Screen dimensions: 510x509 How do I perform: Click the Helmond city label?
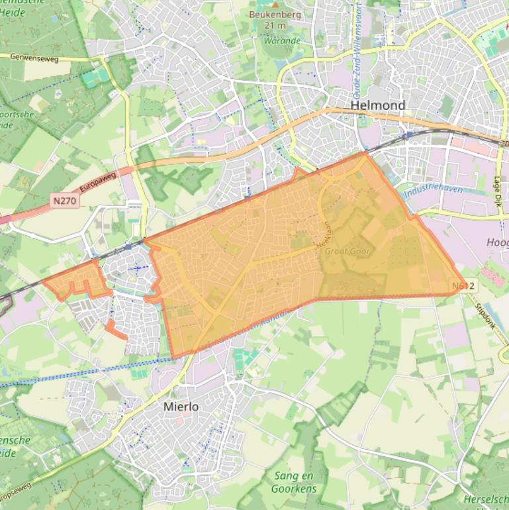pos(377,105)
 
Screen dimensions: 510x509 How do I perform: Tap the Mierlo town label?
pos(181,407)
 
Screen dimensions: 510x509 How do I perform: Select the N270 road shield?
pos(64,198)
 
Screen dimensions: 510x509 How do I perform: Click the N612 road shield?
pos(464,286)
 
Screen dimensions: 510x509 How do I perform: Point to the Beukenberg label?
pos(275,15)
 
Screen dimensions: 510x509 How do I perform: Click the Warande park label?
pos(282,40)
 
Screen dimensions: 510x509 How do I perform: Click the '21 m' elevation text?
pos(275,25)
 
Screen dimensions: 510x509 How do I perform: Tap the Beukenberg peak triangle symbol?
pos(275,5)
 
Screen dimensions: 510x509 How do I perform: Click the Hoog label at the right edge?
pos(497,242)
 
